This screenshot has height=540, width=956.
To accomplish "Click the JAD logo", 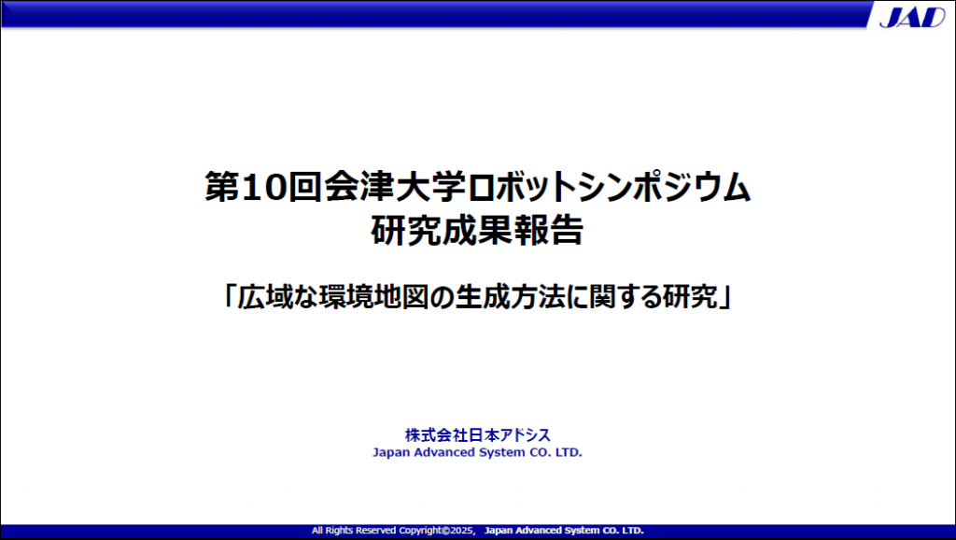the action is [x=912, y=17].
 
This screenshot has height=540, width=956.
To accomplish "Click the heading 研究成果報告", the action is [x=477, y=230].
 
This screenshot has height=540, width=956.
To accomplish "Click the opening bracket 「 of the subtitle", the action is [x=230, y=296].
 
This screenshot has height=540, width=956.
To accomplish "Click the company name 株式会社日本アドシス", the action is [x=477, y=435].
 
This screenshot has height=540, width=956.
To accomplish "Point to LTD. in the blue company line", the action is [x=569, y=452].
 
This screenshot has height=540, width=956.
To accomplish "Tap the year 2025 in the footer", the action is [x=462, y=531].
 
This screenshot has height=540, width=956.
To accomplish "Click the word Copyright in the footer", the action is [x=420, y=531].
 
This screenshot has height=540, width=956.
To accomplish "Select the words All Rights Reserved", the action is [x=354, y=531].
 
